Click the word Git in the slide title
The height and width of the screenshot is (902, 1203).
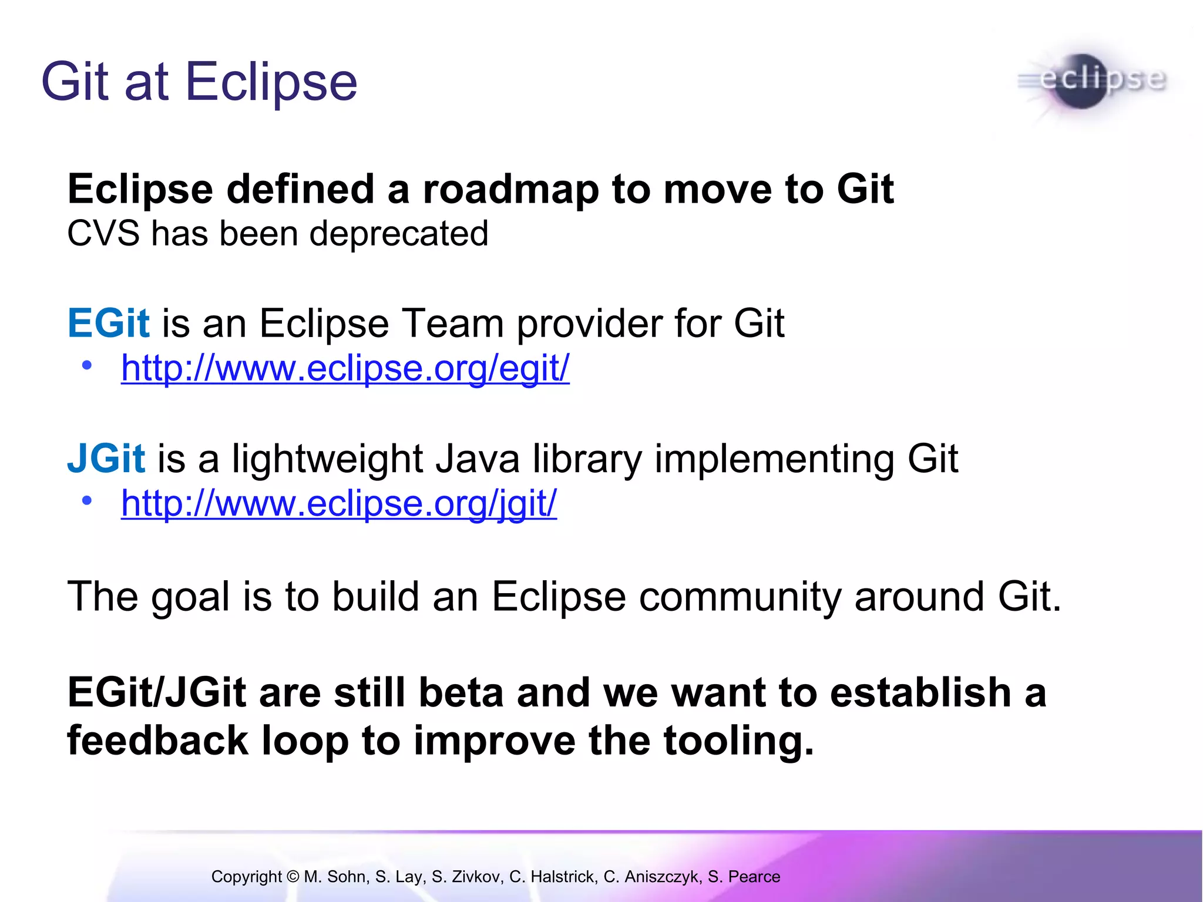75,82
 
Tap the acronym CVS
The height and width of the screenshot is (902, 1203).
103,234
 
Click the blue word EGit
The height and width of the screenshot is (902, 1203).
109,324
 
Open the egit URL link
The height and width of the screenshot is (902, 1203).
345,369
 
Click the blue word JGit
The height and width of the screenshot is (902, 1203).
106,459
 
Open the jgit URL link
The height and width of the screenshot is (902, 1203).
338,504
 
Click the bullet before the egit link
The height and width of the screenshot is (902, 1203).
87,366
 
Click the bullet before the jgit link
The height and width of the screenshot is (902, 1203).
87,501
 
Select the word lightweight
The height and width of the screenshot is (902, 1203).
327,459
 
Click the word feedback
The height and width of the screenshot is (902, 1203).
157,741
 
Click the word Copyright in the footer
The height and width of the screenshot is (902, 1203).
247,877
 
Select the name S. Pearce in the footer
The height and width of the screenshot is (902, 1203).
744,877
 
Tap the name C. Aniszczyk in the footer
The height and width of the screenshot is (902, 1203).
652,877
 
